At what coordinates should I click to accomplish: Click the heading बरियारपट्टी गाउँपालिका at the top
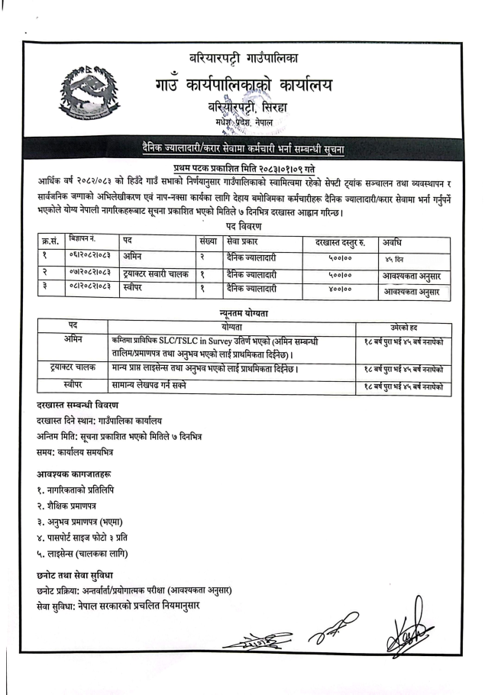click(x=244, y=58)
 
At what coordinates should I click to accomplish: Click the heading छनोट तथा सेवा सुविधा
click(x=79, y=573)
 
